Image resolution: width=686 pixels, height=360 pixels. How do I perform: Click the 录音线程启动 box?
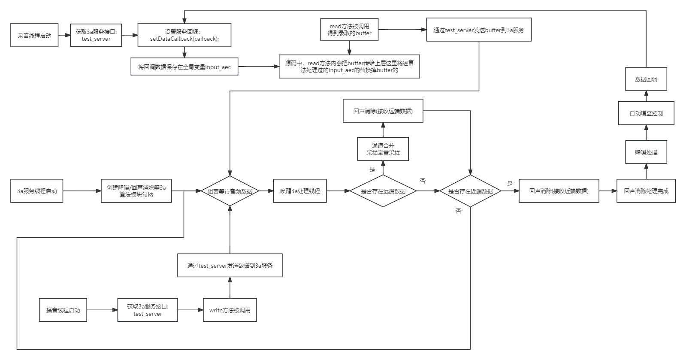34,35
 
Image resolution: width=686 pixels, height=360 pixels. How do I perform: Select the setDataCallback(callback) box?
184,35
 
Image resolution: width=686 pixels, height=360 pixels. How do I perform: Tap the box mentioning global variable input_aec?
184,67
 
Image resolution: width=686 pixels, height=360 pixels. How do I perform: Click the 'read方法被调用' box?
349,30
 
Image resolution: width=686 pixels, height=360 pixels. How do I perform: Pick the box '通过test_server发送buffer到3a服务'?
479,30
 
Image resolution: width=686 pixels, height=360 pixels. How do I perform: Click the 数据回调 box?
646,79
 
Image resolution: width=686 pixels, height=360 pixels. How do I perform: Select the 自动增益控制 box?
646,113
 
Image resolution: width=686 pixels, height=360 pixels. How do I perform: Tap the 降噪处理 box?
646,152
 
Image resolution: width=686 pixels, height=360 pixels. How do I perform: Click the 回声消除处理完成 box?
646,191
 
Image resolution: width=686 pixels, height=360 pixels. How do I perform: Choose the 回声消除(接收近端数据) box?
559,191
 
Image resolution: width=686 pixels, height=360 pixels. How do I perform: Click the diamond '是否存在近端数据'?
470,191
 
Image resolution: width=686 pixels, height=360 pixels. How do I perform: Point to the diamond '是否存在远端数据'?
383,191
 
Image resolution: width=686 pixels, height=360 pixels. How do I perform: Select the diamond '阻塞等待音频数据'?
230,191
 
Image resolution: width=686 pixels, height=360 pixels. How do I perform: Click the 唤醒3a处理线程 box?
300,191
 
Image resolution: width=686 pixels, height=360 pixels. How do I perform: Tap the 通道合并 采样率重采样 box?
383,149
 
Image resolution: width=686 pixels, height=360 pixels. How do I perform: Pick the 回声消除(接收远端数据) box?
383,111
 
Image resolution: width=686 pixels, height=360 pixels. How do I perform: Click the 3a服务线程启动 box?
37,191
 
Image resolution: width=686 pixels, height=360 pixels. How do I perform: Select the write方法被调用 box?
230,310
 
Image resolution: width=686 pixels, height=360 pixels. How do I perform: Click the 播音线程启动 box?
63,310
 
